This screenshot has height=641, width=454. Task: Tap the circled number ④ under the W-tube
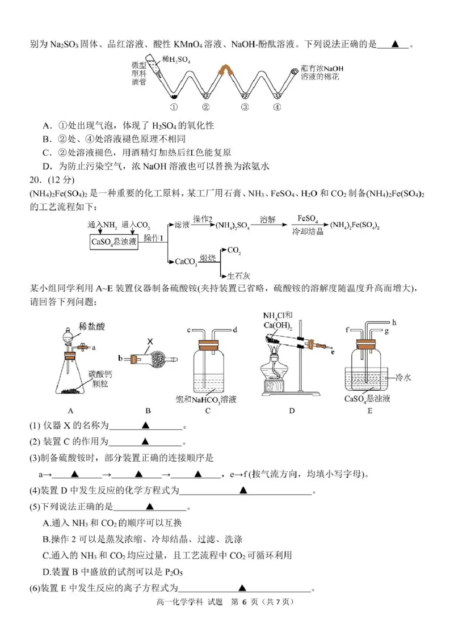[276, 106]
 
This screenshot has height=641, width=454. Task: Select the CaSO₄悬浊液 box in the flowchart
[114, 242]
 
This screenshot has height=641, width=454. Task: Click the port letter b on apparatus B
[120, 359]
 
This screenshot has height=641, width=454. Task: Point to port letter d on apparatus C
[234, 330]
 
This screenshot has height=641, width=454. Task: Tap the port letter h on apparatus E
[393, 323]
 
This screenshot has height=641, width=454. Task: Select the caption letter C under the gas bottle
[208, 411]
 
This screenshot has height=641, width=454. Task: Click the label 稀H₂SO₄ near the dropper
[176, 59]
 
